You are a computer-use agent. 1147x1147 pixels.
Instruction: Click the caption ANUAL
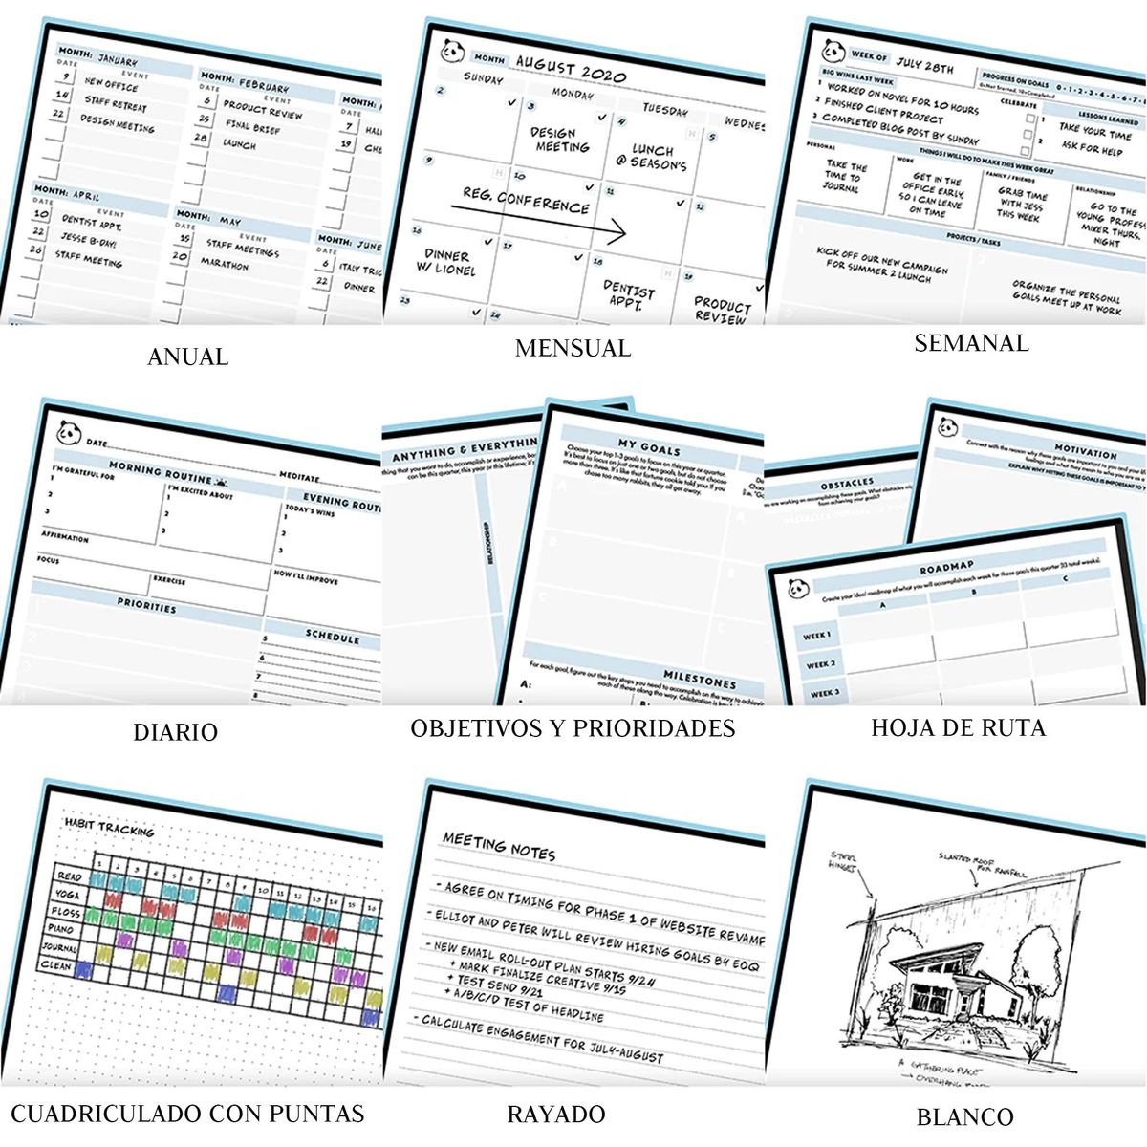[x=188, y=357]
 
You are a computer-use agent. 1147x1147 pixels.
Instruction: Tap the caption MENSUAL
[x=573, y=348]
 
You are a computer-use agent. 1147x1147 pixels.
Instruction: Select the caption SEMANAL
[x=971, y=343]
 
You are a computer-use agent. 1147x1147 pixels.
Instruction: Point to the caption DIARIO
[x=175, y=732]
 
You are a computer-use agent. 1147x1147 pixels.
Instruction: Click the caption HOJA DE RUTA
[x=958, y=727]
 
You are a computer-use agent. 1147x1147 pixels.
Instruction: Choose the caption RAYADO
[x=555, y=1114]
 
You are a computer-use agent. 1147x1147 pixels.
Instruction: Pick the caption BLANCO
[x=964, y=1116]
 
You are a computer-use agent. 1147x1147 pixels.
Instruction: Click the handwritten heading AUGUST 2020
[x=571, y=69]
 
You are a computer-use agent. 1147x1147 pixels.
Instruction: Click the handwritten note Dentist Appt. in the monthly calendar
[x=629, y=294]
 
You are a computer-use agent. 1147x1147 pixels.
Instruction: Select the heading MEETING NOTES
[x=498, y=846]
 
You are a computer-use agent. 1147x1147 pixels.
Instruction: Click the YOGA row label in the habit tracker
[x=68, y=896]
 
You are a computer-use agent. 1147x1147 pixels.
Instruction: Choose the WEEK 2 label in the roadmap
[x=820, y=664]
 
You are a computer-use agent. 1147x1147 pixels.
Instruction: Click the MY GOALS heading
[x=649, y=448]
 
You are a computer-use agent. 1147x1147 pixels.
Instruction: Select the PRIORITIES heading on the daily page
[x=146, y=607]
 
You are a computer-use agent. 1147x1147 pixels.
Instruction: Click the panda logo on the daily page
[x=68, y=433]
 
